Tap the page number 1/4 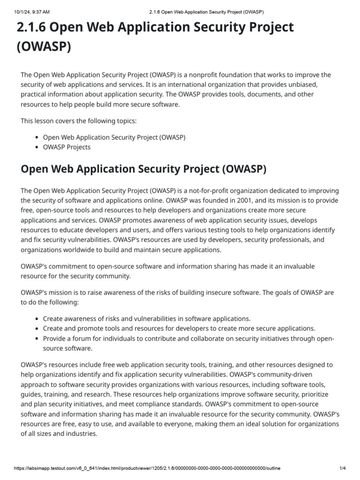(x=342, y=468)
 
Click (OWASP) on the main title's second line (x=44, y=47)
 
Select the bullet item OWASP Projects (x=67, y=147)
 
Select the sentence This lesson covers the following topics (x=79, y=120)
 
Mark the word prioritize (x=315, y=394)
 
